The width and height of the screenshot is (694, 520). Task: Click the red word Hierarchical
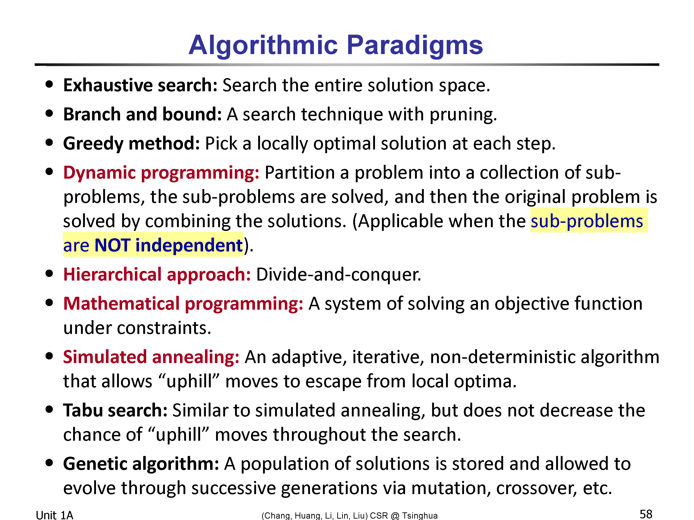click(x=112, y=275)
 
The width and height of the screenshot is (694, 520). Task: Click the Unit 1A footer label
click(x=55, y=515)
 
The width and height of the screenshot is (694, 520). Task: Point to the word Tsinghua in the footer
click(x=420, y=516)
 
